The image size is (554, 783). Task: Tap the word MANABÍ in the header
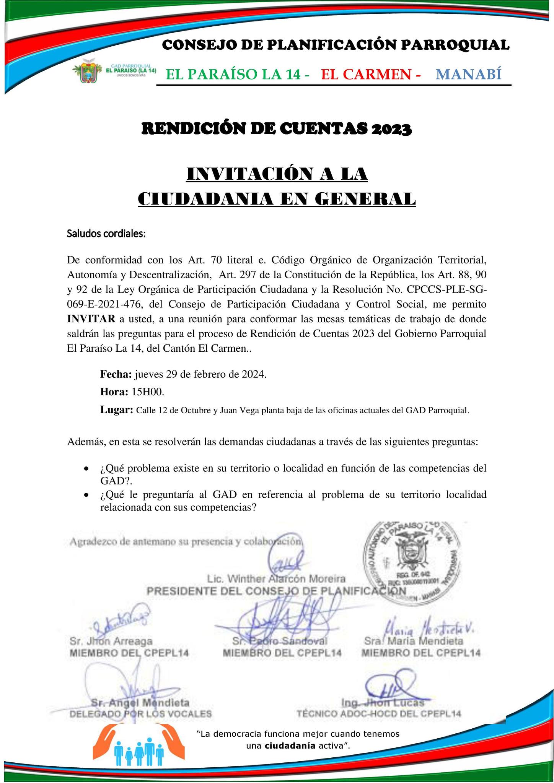pyautogui.click(x=468, y=74)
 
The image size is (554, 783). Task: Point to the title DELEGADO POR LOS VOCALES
pyautogui.click(x=140, y=714)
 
